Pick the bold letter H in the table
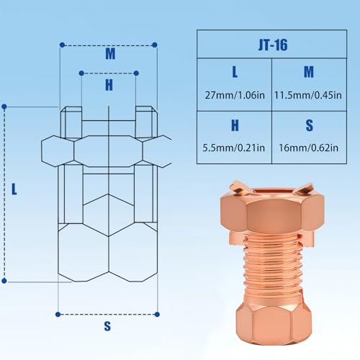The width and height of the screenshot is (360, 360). [234, 125]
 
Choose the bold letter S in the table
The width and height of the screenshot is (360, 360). [309, 125]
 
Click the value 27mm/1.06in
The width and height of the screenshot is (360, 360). [234, 94]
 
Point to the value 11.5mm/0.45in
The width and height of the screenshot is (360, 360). [309, 94]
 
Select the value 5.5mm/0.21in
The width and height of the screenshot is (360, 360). [234, 148]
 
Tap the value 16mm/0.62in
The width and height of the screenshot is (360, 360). [309, 148]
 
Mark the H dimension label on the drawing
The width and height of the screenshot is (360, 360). [109, 84]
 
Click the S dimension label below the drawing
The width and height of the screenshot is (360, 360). [107, 326]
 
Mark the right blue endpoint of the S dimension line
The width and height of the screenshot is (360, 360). [156, 314]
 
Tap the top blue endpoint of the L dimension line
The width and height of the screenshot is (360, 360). [6, 107]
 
